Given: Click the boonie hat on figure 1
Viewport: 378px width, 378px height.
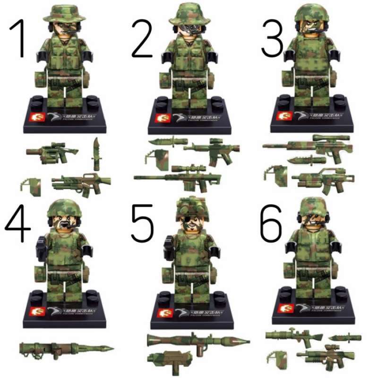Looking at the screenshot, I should (x=64, y=12).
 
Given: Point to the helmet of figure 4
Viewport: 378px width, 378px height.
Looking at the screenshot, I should (x=64, y=207).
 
